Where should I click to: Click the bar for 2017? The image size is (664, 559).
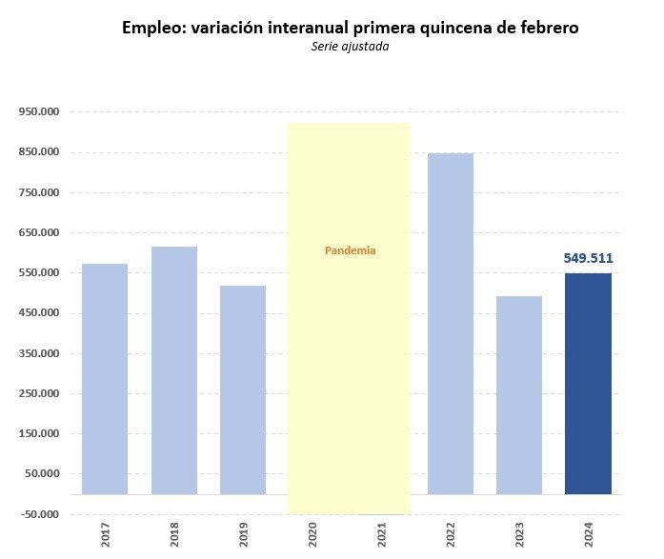tap(105, 379)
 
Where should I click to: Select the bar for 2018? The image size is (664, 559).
tap(174, 370)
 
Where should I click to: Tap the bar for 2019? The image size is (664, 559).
tap(243, 389)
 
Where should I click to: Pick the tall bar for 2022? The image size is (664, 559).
tap(451, 324)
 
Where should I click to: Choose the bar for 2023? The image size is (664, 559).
tap(519, 395)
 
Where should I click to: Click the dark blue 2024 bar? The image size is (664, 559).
tap(588, 384)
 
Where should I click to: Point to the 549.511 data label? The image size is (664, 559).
tap(588, 258)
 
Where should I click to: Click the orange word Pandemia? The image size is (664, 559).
tap(351, 250)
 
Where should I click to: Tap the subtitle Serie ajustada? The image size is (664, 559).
tap(350, 47)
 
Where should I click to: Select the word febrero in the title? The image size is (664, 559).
tap(545, 28)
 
